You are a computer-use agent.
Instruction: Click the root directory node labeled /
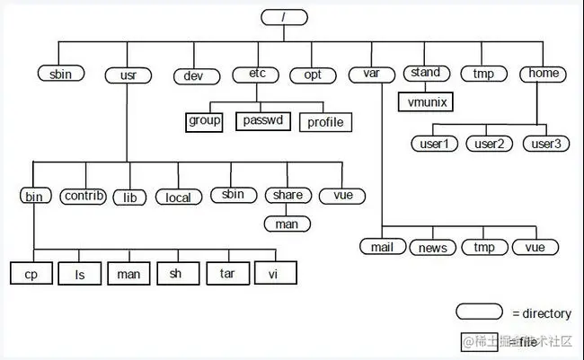click(x=285, y=17)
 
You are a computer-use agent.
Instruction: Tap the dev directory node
click(x=195, y=75)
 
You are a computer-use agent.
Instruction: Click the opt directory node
click(x=312, y=75)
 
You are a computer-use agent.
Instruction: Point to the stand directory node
click(x=426, y=73)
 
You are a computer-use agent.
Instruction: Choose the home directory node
click(x=544, y=74)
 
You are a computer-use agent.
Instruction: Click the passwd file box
click(x=264, y=119)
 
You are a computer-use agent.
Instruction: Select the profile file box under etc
click(x=325, y=120)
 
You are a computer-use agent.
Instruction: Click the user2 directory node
click(x=490, y=143)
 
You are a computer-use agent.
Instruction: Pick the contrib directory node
click(x=84, y=196)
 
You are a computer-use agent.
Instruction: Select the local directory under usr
click(x=178, y=197)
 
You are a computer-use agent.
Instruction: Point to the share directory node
click(x=287, y=195)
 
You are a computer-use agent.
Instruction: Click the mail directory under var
click(x=383, y=246)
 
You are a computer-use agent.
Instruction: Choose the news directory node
click(x=434, y=246)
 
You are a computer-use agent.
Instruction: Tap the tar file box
click(x=226, y=272)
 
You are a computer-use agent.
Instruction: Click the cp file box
click(x=32, y=272)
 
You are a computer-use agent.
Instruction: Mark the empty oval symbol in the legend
click(x=479, y=312)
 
